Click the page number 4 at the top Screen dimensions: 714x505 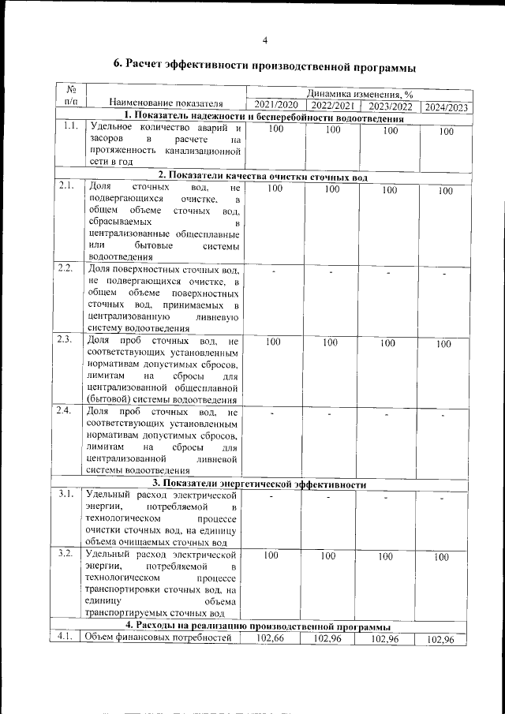265,40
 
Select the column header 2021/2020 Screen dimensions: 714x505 275,105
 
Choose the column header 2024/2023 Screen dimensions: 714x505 446,108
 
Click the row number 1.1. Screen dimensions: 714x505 69,125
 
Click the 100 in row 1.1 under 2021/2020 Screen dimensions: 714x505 271,129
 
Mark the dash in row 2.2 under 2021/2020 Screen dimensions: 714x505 272,271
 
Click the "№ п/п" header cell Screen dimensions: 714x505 69,95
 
